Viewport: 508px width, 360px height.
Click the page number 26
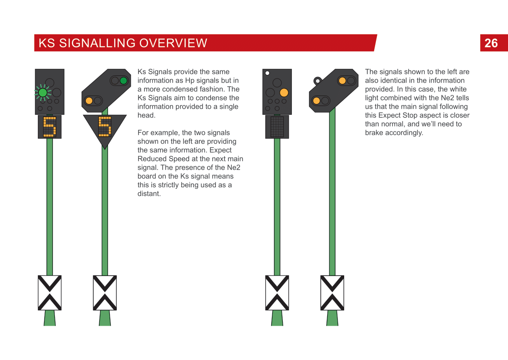[x=491, y=43]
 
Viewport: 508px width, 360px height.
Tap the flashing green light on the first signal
[x=42, y=92]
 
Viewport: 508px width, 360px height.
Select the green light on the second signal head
[x=123, y=81]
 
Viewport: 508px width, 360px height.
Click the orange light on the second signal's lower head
[x=89, y=101]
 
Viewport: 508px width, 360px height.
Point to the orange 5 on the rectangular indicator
[x=49, y=127]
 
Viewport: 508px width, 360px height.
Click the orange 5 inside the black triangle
[x=105, y=127]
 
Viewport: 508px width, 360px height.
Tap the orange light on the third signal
[x=284, y=92]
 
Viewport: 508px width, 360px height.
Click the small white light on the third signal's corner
[x=267, y=73]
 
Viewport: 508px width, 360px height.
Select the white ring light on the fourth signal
[x=318, y=81]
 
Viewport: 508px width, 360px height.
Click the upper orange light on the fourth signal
[x=342, y=81]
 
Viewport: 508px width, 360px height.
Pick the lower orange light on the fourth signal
[x=316, y=101]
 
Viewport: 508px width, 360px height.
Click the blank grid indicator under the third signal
[x=277, y=127]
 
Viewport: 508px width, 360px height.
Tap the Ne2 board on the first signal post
[x=49, y=293]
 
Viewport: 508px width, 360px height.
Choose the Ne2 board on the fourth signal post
[x=332, y=293]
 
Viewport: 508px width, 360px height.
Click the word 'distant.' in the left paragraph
[x=149, y=194]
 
